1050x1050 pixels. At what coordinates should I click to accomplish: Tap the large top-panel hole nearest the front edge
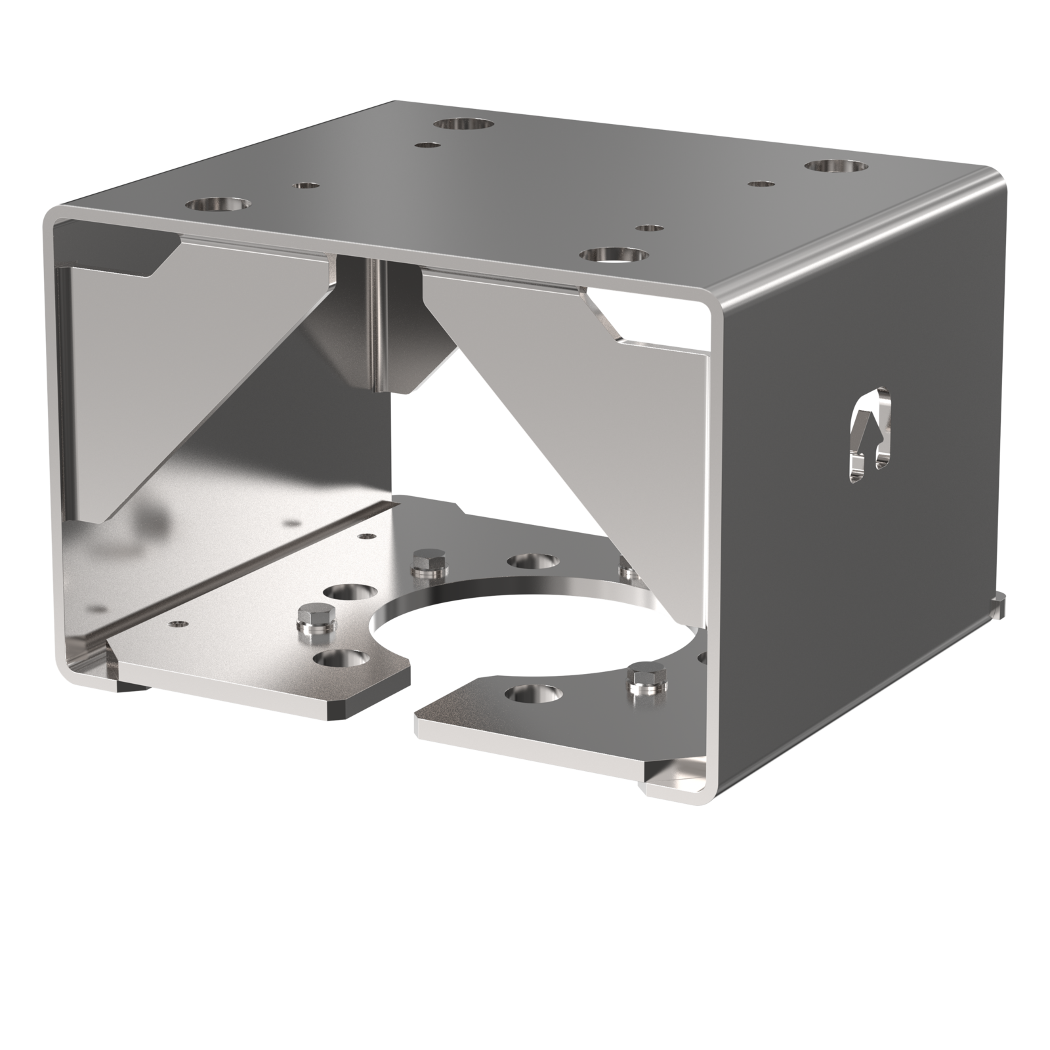click(614, 255)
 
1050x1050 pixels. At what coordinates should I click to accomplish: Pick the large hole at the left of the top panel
click(217, 205)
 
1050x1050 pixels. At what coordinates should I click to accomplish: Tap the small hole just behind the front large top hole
click(649, 228)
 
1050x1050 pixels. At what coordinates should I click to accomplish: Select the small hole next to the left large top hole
click(304, 186)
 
